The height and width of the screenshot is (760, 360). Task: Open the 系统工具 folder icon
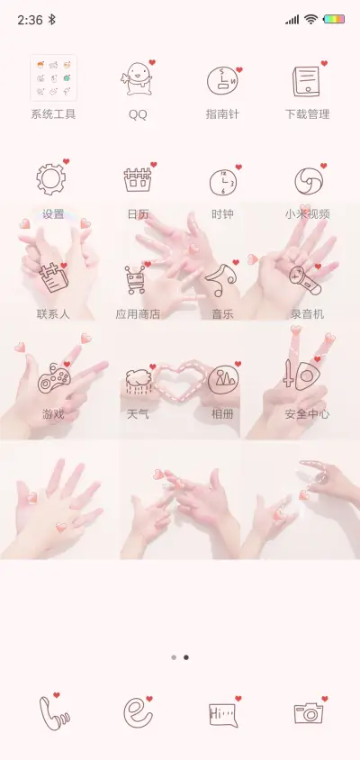53,78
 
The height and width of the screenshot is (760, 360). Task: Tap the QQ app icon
138,79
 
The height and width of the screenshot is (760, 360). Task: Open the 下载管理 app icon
307,80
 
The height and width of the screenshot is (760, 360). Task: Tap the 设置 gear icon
52,179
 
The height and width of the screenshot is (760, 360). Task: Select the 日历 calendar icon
138,180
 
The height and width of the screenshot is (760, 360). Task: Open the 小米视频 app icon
307,180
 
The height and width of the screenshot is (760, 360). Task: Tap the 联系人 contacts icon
53,279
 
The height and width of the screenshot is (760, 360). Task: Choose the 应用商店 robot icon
138,280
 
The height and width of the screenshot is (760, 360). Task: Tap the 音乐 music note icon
221,280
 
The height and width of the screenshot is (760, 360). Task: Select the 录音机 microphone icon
306,279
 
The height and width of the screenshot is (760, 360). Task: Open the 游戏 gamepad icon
53,379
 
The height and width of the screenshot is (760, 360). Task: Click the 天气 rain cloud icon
138,380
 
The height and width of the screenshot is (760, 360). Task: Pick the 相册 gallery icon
222,380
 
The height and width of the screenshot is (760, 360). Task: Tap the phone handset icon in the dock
53,711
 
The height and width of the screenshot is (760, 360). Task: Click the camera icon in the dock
308,712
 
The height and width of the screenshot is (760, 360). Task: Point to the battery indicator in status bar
334,19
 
